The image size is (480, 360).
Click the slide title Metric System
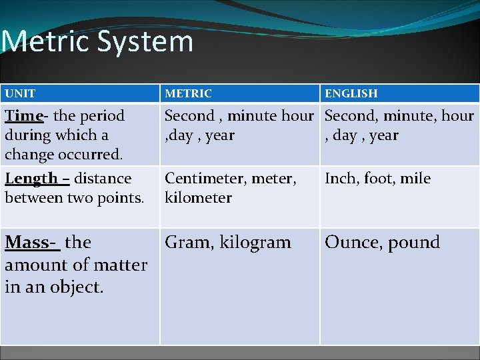(x=97, y=41)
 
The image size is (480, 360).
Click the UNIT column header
(x=20, y=93)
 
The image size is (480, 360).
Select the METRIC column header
(x=188, y=93)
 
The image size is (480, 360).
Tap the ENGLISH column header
(x=351, y=93)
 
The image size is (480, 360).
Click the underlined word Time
(x=23, y=115)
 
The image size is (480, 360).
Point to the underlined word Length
(x=31, y=179)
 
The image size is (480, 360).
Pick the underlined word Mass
(x=27, y=242)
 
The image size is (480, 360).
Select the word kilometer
(x=198, y=198)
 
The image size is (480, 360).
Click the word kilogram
(x=257, y=243)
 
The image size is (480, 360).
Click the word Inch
(x=341, y=179)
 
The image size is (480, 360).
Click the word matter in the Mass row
(x=121, y=265)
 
